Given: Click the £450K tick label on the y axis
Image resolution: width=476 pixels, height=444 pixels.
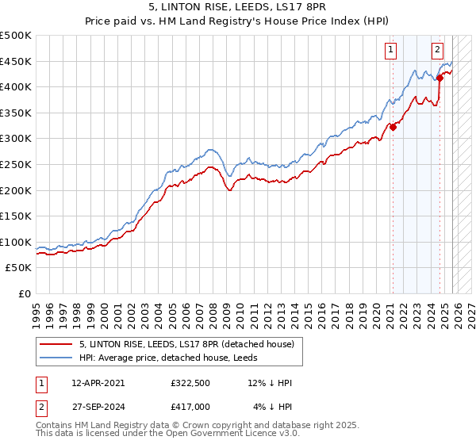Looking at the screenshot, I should pos(16,61).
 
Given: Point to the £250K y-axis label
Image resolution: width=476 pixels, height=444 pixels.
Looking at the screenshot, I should pos(16,164).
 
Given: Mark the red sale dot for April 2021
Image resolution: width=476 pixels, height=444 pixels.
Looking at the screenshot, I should pos(393,127).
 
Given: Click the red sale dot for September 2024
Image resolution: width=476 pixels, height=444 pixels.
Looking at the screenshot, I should pos(440,78).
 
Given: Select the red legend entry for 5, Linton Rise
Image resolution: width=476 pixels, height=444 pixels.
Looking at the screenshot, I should pos(186,344).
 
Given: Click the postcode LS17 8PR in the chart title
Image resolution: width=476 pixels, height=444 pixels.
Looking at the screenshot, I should pos(312,8).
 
